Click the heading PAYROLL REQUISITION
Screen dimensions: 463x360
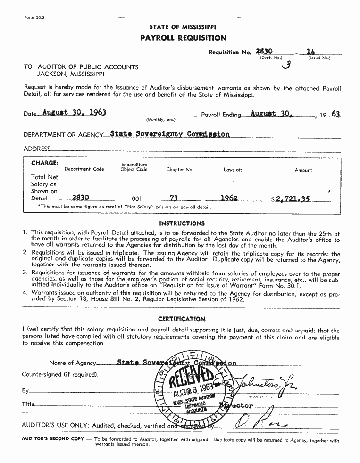183,38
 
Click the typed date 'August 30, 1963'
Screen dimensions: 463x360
74,113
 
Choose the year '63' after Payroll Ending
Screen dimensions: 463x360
335,114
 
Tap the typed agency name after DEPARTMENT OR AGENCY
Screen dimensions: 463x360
170,134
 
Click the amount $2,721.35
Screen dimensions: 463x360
293,199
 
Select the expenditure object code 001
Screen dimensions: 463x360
136,199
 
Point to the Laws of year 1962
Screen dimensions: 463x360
229,198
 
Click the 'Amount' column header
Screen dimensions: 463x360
303,170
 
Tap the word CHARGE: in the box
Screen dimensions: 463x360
45,163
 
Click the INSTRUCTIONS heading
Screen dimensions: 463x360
182,223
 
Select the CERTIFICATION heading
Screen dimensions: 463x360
182,319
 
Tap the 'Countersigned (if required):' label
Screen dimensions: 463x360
60,374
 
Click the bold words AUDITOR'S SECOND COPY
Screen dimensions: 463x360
53,438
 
